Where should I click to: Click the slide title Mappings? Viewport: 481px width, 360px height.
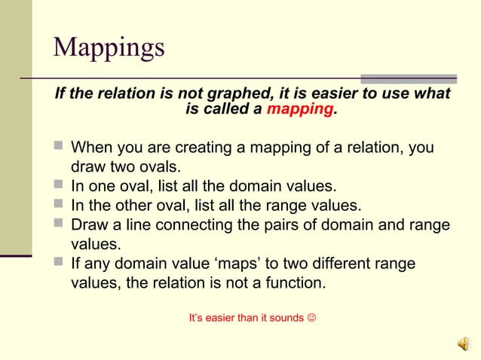109,47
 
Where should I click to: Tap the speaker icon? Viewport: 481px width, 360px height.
462,343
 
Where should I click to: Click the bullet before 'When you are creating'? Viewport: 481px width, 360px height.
60,147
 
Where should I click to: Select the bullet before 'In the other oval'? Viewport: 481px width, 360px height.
60,205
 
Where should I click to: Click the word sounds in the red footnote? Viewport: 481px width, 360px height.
286,318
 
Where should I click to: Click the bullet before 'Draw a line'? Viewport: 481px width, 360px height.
60,224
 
